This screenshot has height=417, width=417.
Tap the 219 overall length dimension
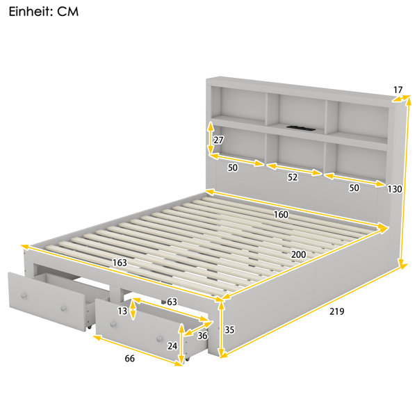click(336, 311)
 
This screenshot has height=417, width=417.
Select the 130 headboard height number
click(394, 189)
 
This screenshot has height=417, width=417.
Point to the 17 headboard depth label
click(398, 90)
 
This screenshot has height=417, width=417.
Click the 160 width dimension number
click(281, 214)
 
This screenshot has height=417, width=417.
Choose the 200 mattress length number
click(298, 254)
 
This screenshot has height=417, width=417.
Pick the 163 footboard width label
click(120, 263)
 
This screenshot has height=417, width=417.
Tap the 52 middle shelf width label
click(293, 177)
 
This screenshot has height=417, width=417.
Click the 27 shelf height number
click(218, 140)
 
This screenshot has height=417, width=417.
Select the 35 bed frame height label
click(229, 329)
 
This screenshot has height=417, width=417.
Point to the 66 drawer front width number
click(129, 359)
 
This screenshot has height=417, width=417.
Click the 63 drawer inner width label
click(172, 302)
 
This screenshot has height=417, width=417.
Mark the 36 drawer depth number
click(202, 336)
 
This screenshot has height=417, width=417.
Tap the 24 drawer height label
click(172, 346)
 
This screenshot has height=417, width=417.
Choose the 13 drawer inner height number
click(122, 311)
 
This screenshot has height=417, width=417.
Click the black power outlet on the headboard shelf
click(301, 128)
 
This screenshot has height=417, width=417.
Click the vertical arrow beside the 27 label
click(211, 138)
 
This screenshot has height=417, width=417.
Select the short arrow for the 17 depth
click(401, 99)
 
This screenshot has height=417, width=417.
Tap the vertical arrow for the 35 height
click(221, 329)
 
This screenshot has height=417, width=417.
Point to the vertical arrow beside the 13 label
click(133, 309)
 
